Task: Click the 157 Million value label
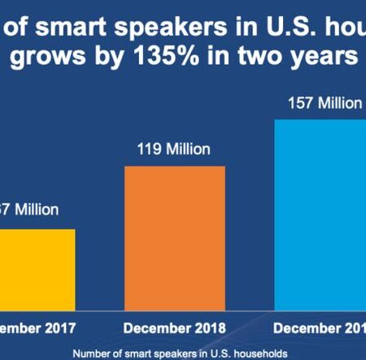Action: click(x=323, y=103)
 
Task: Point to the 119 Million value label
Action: click(x=174, y=150)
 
